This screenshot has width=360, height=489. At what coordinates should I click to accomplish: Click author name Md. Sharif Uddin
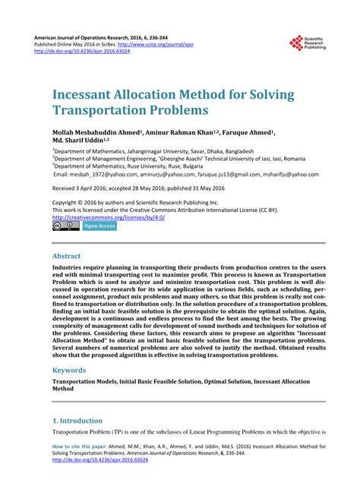77,140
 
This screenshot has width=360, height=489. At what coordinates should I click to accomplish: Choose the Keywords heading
73,371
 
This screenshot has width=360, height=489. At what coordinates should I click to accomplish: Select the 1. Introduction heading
77,420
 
